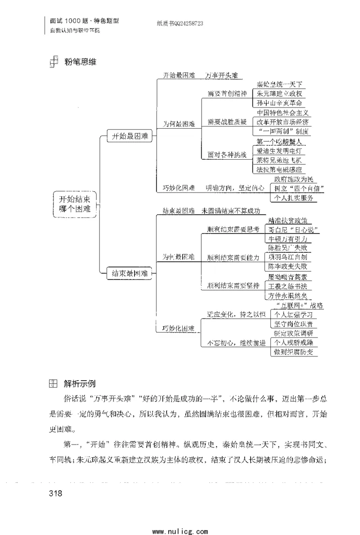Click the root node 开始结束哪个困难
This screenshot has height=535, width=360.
75,204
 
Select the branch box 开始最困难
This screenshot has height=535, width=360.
130,137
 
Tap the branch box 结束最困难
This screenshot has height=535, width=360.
130,273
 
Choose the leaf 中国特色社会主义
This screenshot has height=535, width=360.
283,112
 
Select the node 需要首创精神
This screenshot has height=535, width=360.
227,94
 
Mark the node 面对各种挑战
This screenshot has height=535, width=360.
227,155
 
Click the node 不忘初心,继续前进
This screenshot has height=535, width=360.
236,343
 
